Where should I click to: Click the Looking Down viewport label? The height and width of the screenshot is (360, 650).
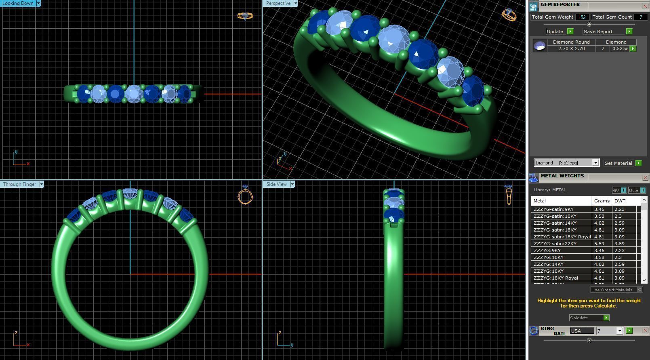pos(18,3)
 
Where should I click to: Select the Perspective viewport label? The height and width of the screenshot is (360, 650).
pos(278,3)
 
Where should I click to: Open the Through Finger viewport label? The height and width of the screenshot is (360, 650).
pos(19,184)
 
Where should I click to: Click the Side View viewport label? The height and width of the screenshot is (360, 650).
pos(276,184)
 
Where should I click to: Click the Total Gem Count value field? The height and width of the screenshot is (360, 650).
pos(640,17)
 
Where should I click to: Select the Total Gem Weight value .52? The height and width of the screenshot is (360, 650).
pos(582,17)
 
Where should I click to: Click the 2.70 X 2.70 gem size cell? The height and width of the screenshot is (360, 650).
pos(571,48)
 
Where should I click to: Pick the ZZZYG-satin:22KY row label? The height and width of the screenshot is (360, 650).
pos(555,244)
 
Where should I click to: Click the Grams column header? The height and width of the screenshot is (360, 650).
pos(602,201)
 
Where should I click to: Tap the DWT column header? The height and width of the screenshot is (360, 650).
pos(620,201)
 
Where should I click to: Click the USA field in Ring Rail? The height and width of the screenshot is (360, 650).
pos(582,331)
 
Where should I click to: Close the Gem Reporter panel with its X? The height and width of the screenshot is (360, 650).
pos(645,6)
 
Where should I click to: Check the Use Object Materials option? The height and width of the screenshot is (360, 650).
pos(639,290)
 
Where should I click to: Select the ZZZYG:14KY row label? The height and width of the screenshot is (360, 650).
pos(549,264)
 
